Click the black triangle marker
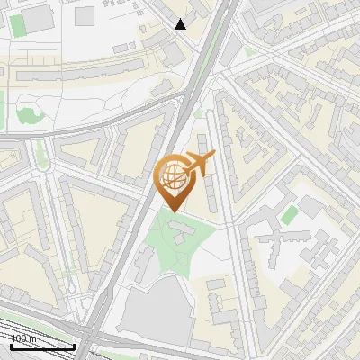[x=181, y=23]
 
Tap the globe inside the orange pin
[x=172, y=176]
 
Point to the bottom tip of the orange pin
[x=172, y=211]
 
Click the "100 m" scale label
[x=22, y=338]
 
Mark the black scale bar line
[x=41, y=346]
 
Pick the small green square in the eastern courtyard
[x=289, y=215]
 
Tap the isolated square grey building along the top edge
[x=84, y=15]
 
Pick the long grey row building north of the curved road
[x=99, y=67]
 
